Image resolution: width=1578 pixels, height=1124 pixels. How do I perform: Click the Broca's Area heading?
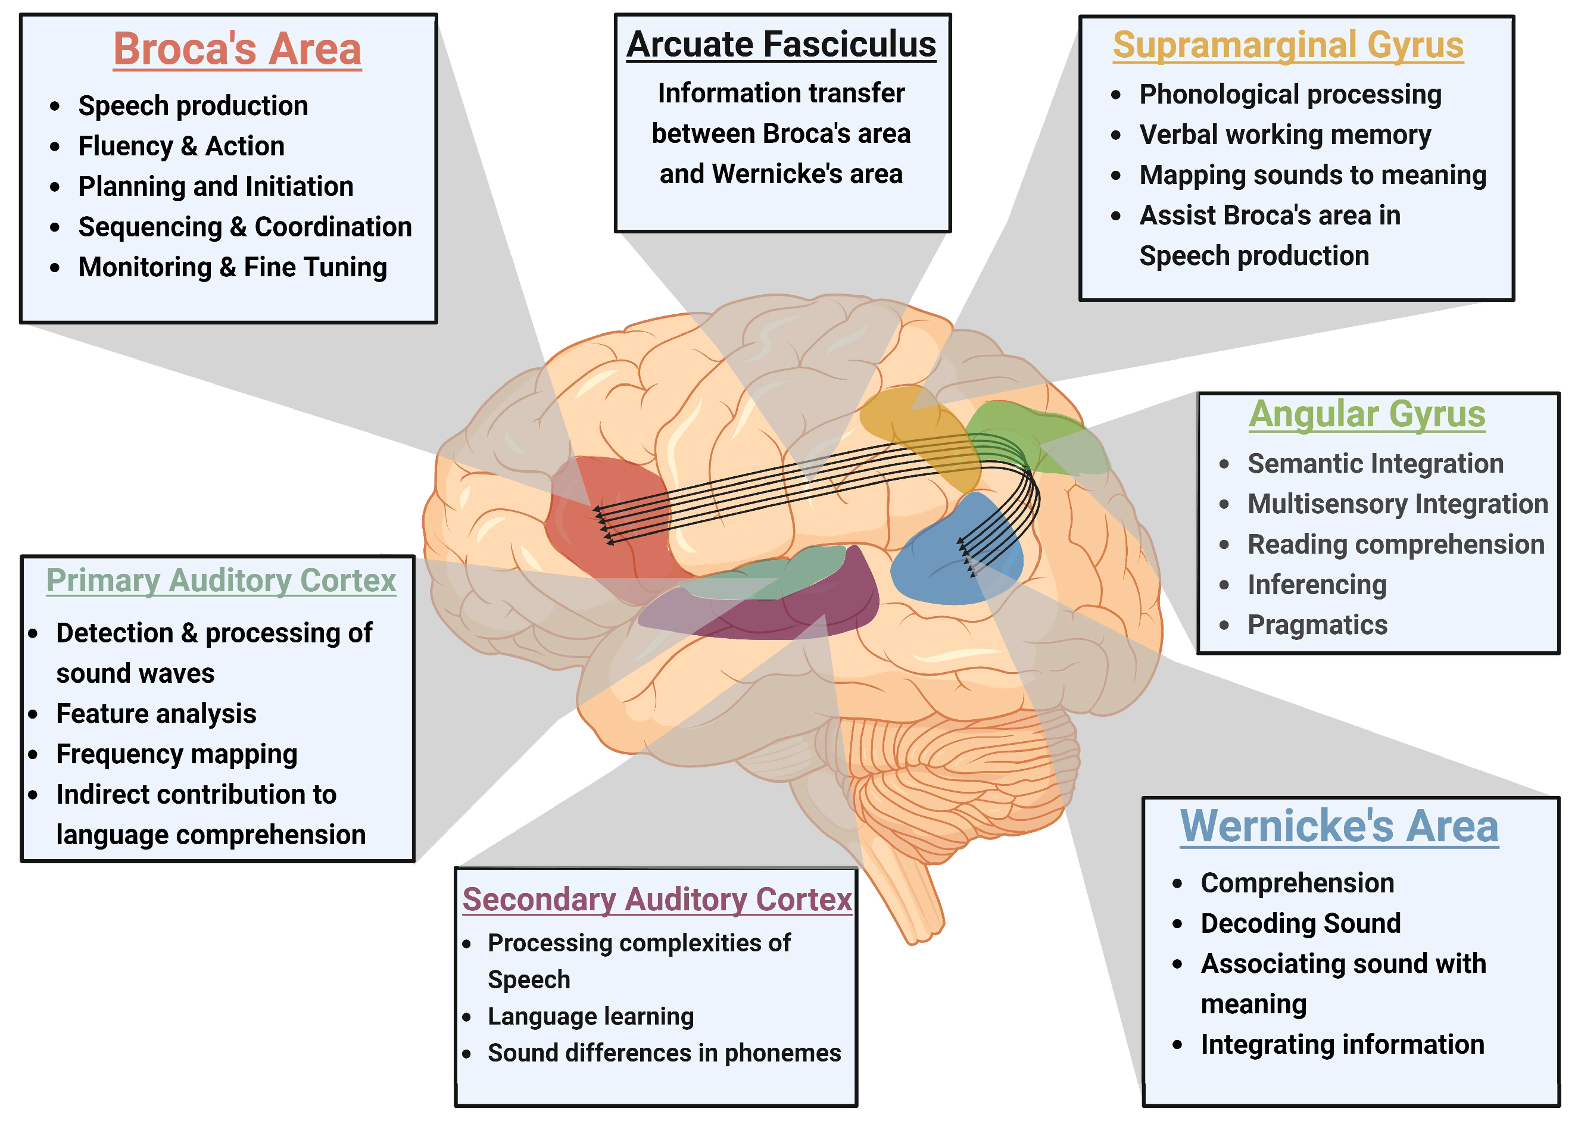[x=237, y=50]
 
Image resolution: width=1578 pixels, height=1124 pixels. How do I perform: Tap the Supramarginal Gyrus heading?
[x=1287, y=46]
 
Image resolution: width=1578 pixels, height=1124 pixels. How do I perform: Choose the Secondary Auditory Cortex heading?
[x=656, y=899]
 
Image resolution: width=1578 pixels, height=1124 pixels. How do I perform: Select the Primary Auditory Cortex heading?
[x=221, y=580]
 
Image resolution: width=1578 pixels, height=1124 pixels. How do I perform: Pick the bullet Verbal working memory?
[x=1284, y=135]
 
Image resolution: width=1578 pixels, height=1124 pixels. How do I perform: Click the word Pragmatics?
[x=1317, y=625]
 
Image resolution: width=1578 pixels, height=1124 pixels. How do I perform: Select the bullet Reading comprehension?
[x=1395, y=544]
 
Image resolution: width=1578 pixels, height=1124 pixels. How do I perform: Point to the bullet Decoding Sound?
[x=1300, y=923]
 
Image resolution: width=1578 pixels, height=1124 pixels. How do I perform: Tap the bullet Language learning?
[x=590, y=1016]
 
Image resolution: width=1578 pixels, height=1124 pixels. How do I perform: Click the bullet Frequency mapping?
[x=176, y=754]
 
